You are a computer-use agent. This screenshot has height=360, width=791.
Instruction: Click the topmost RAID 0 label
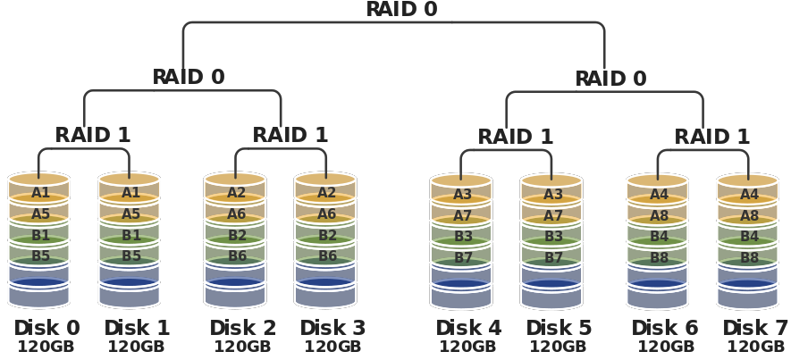(402, 10)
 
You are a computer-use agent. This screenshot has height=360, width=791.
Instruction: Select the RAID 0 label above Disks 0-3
(189, 77)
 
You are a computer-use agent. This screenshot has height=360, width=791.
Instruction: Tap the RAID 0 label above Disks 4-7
(610, 79)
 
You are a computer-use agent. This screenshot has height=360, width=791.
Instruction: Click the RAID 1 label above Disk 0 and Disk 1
(93, 135)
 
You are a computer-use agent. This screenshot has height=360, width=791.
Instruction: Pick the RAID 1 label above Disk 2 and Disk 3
(290, 135)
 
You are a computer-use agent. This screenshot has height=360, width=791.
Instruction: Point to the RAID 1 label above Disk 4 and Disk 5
(515, 137)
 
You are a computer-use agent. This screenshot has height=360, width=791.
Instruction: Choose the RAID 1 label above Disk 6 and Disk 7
(711, 137)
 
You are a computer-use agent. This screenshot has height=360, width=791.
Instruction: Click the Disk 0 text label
(46, 328)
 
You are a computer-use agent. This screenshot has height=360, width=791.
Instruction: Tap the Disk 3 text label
(332, 328)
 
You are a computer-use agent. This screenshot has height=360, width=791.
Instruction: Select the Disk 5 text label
(559, 328)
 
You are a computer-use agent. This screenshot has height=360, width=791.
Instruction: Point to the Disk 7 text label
(755, 328)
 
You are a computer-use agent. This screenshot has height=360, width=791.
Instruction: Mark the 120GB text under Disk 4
(467, 347)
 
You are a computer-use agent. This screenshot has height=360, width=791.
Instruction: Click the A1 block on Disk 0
(40, 192)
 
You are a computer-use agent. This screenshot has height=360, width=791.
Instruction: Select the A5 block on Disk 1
(130, 214)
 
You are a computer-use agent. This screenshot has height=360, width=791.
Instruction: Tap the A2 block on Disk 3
(326, 192)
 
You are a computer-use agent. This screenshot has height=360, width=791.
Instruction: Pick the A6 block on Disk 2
(236, 214)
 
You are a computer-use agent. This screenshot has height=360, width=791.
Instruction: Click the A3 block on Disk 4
(462, 194)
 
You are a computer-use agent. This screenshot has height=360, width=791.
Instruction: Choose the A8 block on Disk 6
(659, 216)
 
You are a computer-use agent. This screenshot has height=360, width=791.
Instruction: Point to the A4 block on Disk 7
(749, 194)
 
